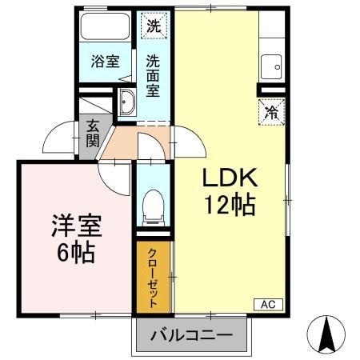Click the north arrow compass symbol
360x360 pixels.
point(327,334)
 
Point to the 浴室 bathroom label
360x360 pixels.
point(102,61)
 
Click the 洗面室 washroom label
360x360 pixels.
point(153,74)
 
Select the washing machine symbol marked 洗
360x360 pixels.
point(152,25)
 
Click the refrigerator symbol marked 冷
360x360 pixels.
point(272,113)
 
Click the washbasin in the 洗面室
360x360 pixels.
point(127,103)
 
